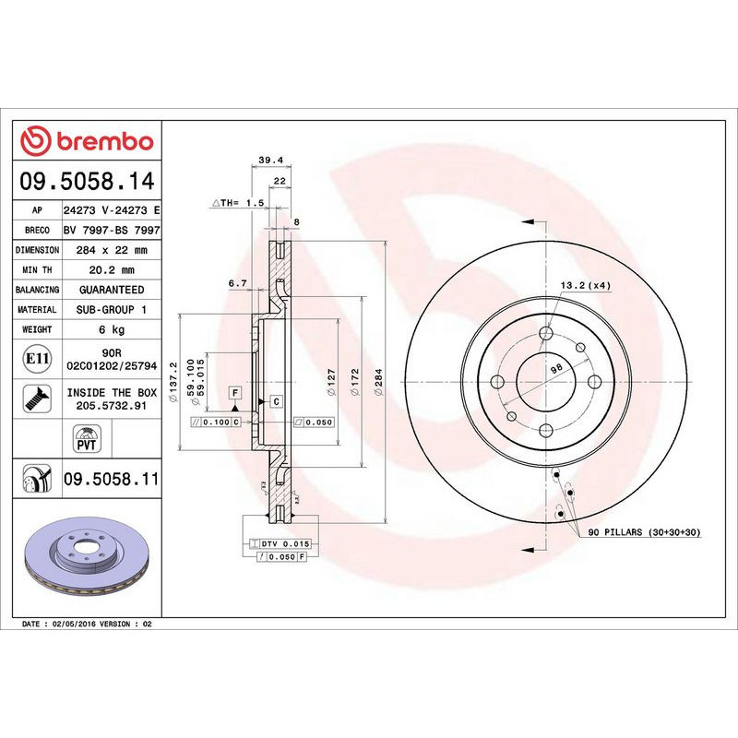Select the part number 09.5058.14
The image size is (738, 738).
pos(86,182)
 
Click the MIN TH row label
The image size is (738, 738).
pos(38,270)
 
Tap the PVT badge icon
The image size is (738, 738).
pos(86,437)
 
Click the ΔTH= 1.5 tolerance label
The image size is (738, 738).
pos(238,202)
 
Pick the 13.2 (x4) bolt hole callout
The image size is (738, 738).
pos(587,286)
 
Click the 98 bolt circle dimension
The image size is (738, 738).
pos(556,368)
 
